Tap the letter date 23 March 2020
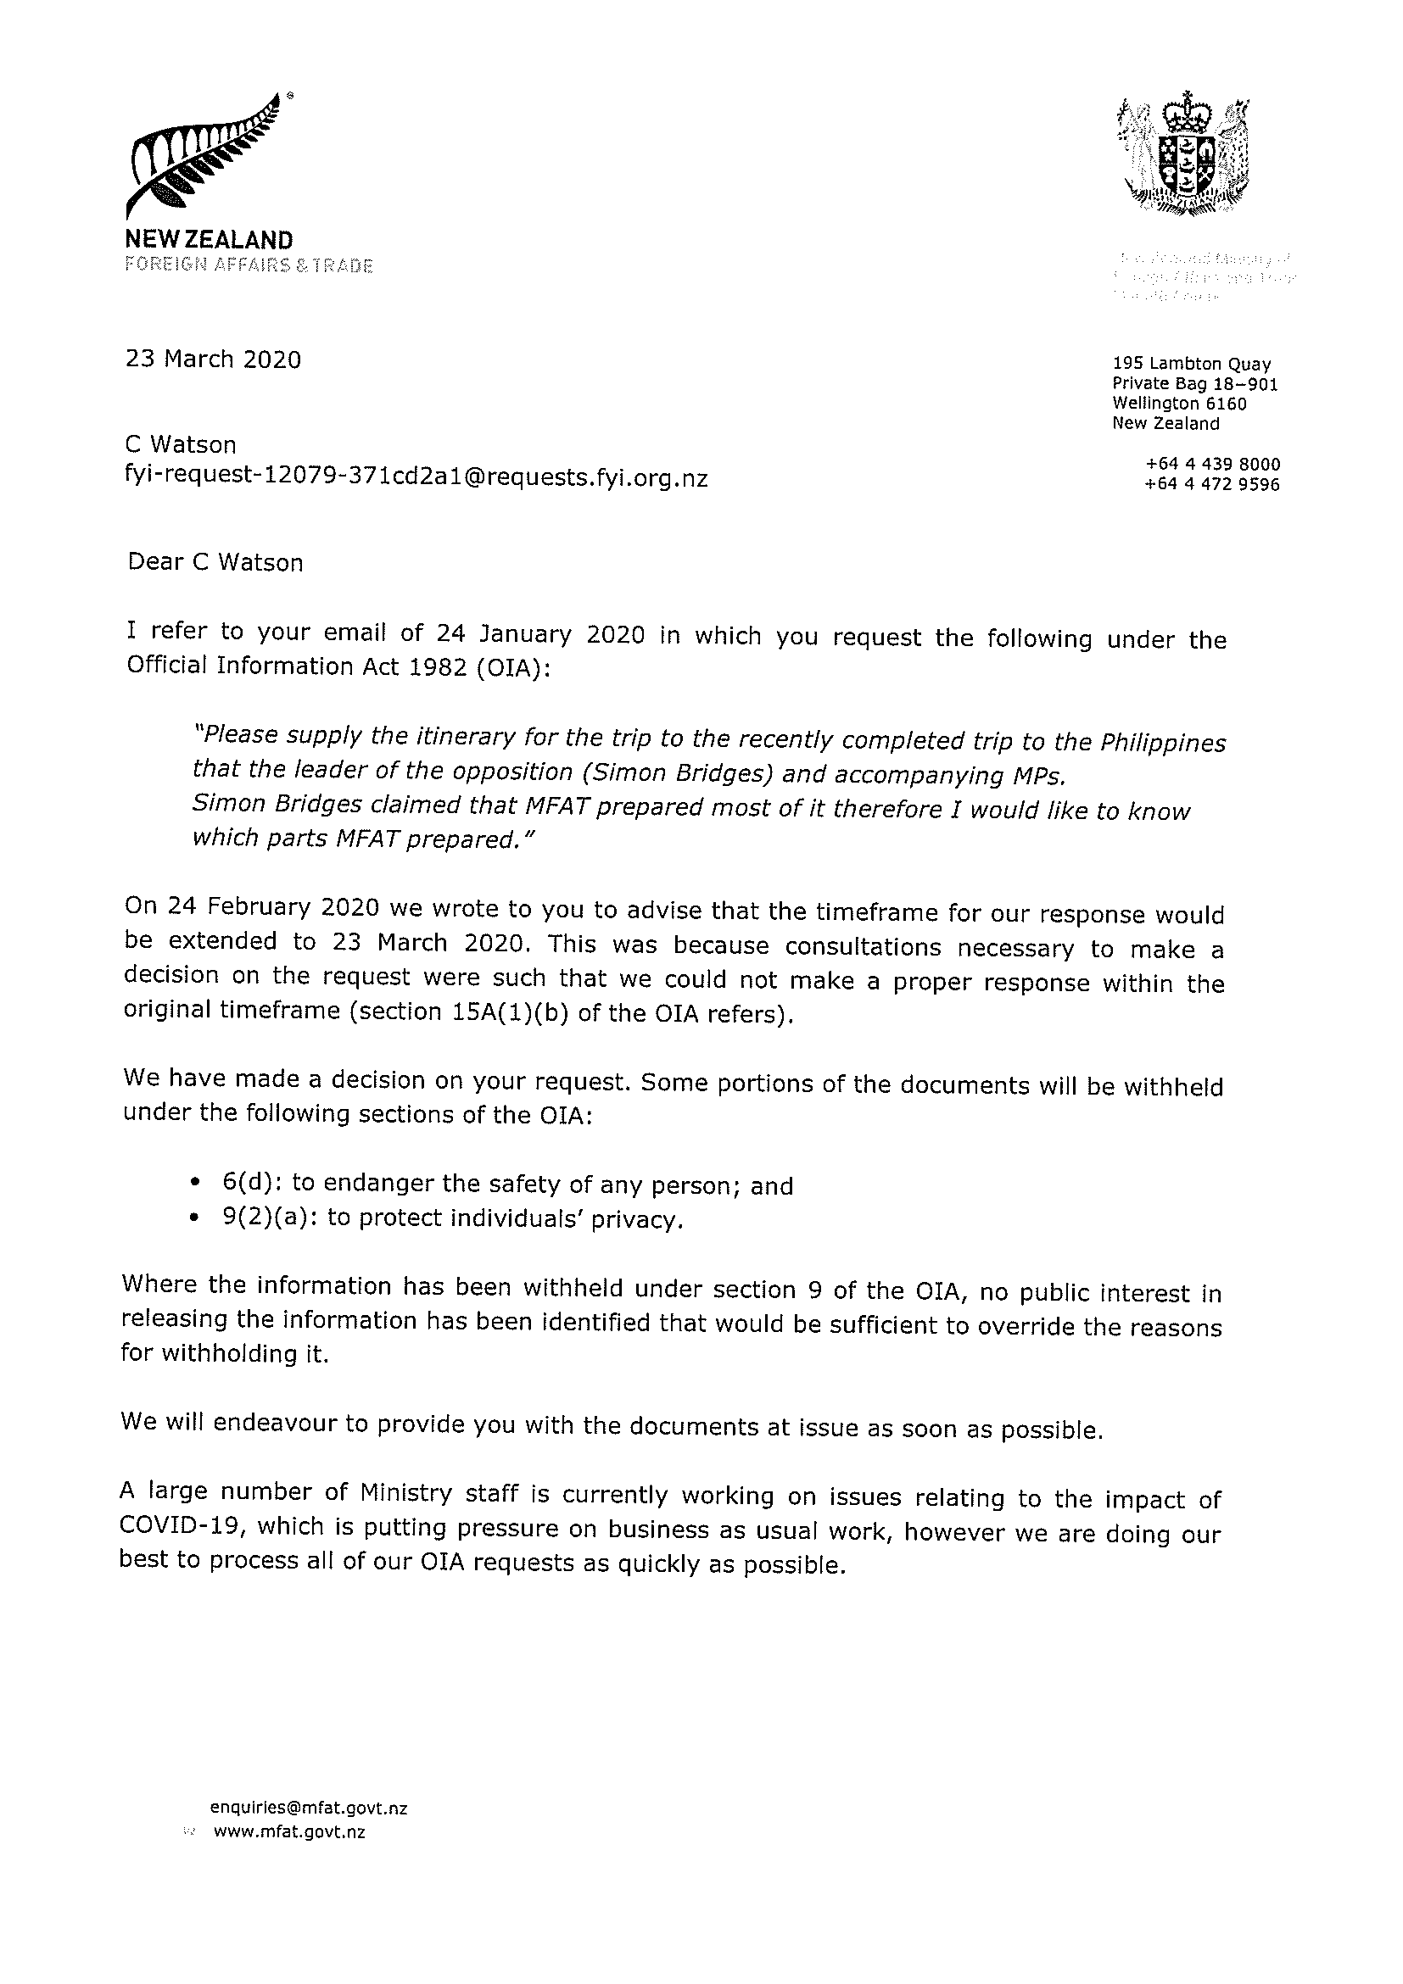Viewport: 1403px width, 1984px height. (214, 359)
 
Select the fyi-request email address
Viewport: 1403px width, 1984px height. (416, 478)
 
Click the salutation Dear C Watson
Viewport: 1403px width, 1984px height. (215, 562)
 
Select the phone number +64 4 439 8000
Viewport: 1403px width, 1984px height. (1212, 465)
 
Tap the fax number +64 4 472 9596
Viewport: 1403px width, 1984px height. (1212, 485)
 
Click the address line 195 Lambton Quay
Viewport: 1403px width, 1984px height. (1191, 365)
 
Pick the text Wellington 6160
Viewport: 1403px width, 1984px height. (1179, 404)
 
